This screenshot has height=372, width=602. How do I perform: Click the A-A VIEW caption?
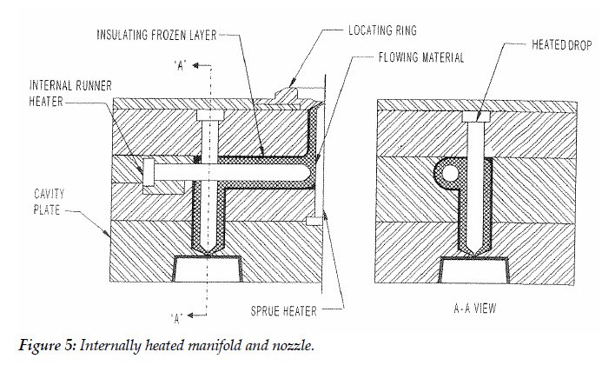[x=469, y=308]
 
